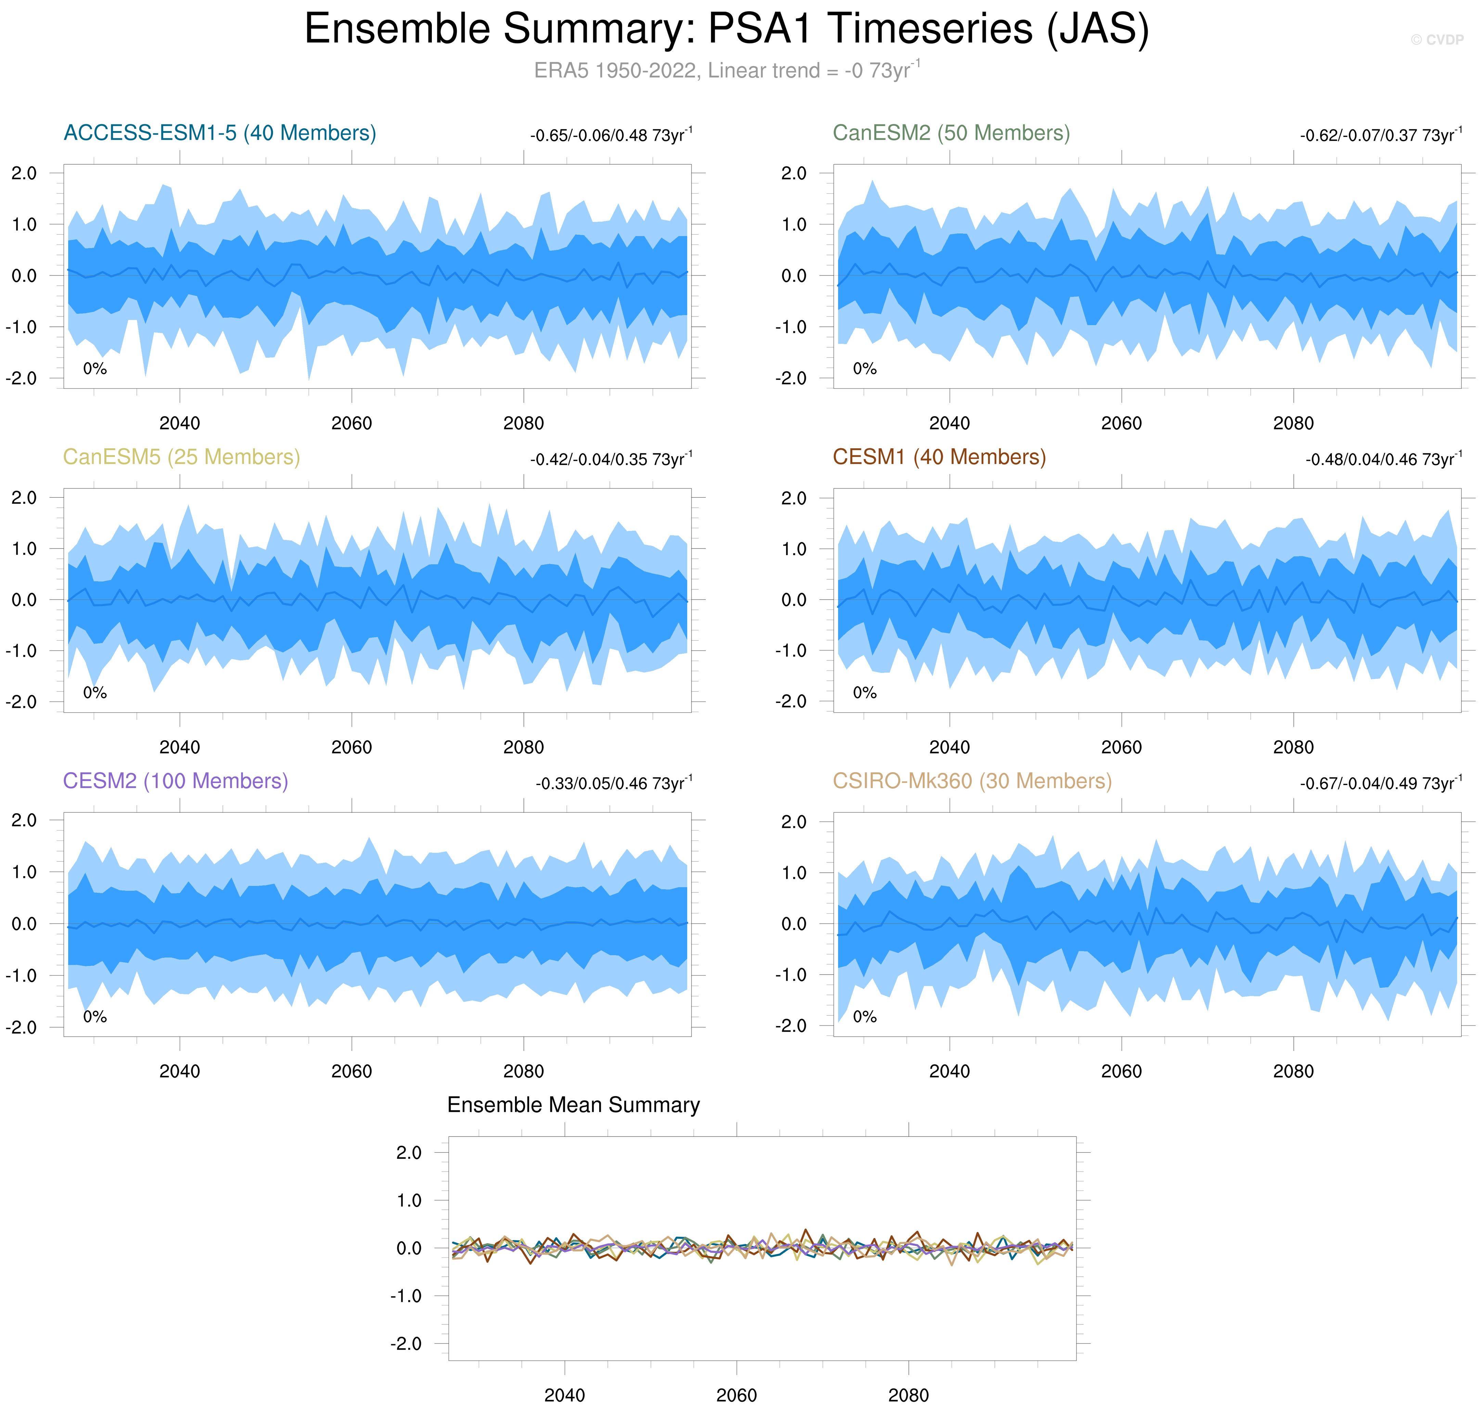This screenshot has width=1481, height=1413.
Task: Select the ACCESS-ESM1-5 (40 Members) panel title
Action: pyautogui.click(x=220, y=133)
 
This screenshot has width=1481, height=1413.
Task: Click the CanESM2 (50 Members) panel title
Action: pyautogui.click(x=951, y=133)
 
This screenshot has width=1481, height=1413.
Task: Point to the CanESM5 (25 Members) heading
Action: pyautogui.click(x=182, y=457)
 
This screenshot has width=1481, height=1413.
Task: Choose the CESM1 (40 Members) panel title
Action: pyautogui.click(x=939, y=457)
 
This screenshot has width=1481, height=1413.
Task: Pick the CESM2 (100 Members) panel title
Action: pyautogui.click(x=176, y=781)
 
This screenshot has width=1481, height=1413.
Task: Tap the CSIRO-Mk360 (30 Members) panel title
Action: pyautogui.click(x=972, y=781)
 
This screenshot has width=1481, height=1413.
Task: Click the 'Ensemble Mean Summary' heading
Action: pyautogui.click(x=573, y=1105)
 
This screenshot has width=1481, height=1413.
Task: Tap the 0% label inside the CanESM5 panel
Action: pyautogui.click(x=95, y=693)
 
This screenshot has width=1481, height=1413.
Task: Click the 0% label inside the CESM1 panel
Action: pyautogui.click(x=865, y=693)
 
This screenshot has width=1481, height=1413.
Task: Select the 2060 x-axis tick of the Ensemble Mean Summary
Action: pyautogui.click(x=736, y=1395)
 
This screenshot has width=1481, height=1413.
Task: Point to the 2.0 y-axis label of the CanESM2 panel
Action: pyautogui.click(x=793, y=173)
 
